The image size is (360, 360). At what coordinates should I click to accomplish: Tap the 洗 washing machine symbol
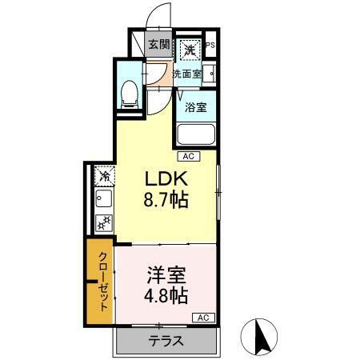coord(190,50)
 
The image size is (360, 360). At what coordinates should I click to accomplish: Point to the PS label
coord(211,46)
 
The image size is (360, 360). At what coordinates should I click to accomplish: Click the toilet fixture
coord(128,95)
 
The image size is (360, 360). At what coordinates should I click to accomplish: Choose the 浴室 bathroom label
coord(196,106)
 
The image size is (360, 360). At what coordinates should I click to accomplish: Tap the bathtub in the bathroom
coord(195,134)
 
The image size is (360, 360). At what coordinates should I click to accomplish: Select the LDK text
coord(165,178)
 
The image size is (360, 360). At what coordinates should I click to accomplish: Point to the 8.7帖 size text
coord(166,200)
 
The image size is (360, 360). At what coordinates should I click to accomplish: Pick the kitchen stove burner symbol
coord(104,224)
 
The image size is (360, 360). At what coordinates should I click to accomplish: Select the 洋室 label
coord(166,275)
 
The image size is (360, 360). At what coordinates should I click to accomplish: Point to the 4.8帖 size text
coord(166,297)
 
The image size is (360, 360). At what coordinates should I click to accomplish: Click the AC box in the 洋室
coord(202,318)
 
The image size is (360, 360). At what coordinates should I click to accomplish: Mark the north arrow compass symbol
coord(260,337)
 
